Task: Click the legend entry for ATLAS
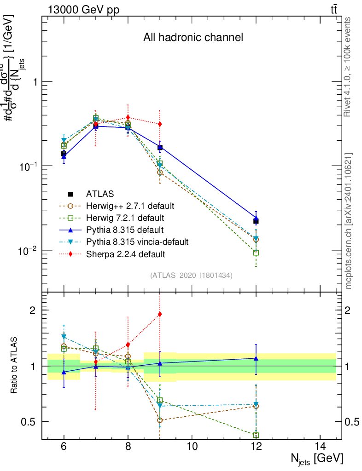[x=100, y=194]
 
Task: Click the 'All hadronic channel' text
[x=193, y=38]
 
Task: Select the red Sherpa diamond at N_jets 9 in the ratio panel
[x=160, y=314]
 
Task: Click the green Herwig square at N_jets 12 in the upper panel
[x=256, y=253]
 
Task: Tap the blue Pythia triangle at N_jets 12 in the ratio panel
[x=256, y=358]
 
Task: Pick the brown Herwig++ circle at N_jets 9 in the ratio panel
[x=160, y=420]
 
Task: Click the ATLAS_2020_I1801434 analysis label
[x=192, y=276]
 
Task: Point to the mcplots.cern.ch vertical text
[x=349, y=221]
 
